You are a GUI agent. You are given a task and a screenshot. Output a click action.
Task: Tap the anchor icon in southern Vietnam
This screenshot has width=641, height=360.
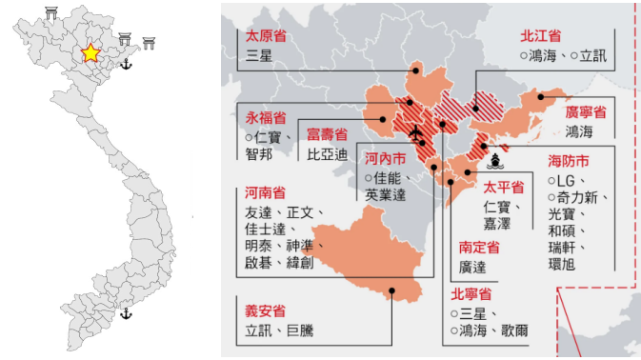[x=126, y=313]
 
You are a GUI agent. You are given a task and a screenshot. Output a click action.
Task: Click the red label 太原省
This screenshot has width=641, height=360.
[x=267, y=35]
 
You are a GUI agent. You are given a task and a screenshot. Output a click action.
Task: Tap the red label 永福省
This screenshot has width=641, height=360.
[x=266, y=118]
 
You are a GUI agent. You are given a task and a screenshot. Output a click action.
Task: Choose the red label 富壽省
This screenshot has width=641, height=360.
[x=328, y=134]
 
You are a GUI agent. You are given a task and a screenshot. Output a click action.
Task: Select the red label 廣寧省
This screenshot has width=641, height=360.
[x=586, y=111]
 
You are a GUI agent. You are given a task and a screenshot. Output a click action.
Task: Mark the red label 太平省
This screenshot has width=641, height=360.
[x=505, y=187]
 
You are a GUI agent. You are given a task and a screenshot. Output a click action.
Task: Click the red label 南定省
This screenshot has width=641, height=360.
[x=479, y=247]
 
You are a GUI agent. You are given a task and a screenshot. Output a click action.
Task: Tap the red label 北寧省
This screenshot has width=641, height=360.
[x=471, y=292]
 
